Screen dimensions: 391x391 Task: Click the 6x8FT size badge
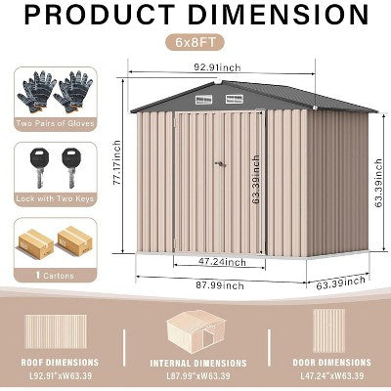(x=195, y=44)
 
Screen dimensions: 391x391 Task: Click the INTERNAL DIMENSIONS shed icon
(x=195, y=332)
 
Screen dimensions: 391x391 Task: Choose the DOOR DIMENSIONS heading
(x=329, y=362)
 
